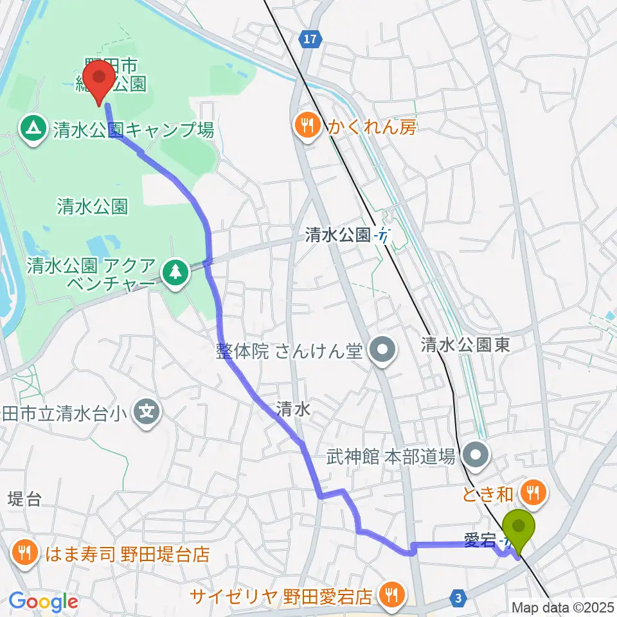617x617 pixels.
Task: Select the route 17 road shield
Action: [x=310, y=40]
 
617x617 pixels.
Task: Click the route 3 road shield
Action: [x=458, y=598]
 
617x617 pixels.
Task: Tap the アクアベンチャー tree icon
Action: [x=174, y=273]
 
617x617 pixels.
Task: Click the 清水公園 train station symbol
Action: [x=384, y=236]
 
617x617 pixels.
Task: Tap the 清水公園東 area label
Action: [x=465, y=346]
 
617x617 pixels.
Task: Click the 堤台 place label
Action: [x=25, y=499]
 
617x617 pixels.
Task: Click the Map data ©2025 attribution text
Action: [x=563, y=607]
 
